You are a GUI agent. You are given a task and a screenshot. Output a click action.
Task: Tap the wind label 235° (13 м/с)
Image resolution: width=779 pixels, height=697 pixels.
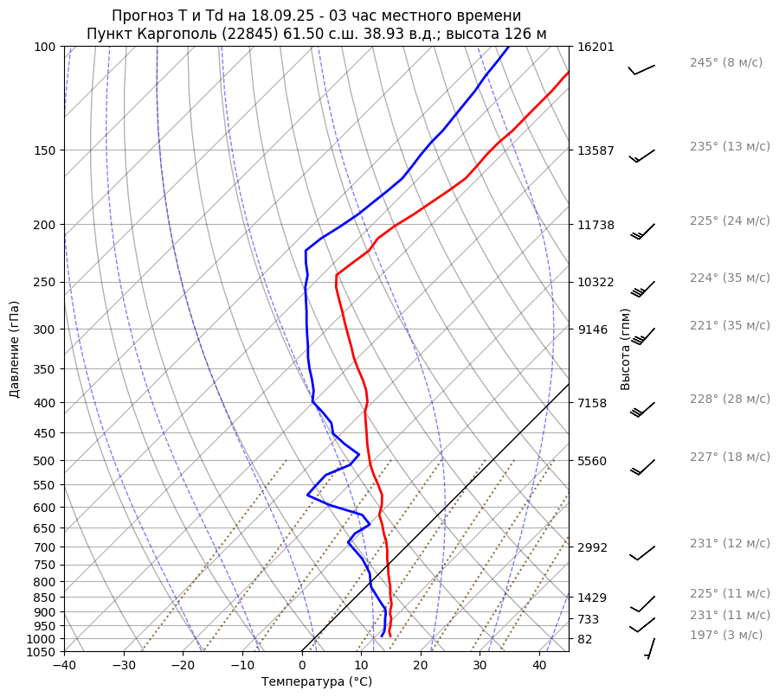730,146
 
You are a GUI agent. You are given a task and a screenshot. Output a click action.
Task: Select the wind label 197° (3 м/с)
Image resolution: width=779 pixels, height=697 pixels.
726,635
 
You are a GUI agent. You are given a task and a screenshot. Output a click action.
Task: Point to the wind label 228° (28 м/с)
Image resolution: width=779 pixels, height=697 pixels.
730,399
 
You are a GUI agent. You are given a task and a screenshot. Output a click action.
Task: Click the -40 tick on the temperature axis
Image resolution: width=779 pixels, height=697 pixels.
64,666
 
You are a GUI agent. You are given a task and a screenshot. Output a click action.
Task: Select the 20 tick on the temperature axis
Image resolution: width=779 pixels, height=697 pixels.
421,666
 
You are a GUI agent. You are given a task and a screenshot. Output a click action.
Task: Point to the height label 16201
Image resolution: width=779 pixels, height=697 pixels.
595,47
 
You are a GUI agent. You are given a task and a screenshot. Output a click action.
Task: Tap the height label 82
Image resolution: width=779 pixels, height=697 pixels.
584,639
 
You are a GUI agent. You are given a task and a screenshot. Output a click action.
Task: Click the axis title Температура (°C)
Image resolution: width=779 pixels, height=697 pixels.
317,681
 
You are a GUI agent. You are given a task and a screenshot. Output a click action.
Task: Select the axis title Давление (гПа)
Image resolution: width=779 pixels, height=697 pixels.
15,349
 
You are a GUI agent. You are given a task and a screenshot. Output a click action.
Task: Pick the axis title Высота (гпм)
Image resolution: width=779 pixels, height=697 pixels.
626,349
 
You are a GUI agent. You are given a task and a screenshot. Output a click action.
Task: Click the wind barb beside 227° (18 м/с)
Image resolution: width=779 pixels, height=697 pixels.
642,467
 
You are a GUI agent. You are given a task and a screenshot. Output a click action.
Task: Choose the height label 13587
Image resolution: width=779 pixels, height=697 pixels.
595,150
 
